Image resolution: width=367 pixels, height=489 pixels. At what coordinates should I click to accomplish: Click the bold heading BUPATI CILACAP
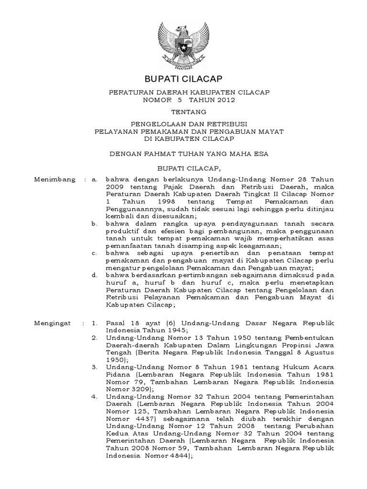pos(183,79)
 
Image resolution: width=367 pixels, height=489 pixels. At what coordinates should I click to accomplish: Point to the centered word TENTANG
pos(183,112)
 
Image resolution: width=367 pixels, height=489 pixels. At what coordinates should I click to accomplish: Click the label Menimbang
pos(55,180)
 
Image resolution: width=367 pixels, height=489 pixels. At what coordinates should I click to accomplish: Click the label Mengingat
pos(53,323)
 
